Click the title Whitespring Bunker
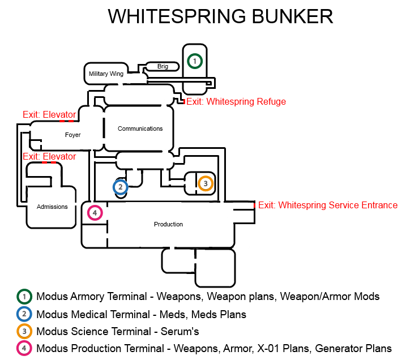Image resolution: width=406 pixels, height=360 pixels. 220,16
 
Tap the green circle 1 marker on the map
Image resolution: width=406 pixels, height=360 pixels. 194,61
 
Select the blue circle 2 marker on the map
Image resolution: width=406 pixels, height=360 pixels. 120,187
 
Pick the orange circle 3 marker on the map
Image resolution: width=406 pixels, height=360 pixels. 206,183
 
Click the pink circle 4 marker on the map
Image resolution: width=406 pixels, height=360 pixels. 95,213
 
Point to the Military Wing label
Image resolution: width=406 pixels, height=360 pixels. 106,74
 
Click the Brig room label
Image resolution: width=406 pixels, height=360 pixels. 163,67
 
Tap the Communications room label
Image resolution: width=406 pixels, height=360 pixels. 140,128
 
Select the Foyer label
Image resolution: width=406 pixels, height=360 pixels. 73,135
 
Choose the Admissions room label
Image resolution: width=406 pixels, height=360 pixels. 52,207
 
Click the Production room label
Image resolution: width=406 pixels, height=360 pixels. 168,224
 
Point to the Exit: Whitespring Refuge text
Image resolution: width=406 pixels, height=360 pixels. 236,102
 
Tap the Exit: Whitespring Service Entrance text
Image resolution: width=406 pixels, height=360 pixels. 328,205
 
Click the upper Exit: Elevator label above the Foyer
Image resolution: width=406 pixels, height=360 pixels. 49,114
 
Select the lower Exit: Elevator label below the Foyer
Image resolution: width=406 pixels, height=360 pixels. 49,156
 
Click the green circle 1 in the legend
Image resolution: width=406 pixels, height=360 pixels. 24,296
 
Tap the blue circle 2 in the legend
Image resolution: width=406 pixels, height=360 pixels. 24,314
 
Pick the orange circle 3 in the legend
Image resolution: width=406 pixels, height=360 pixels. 24,331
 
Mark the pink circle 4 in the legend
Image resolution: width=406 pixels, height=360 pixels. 24,349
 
